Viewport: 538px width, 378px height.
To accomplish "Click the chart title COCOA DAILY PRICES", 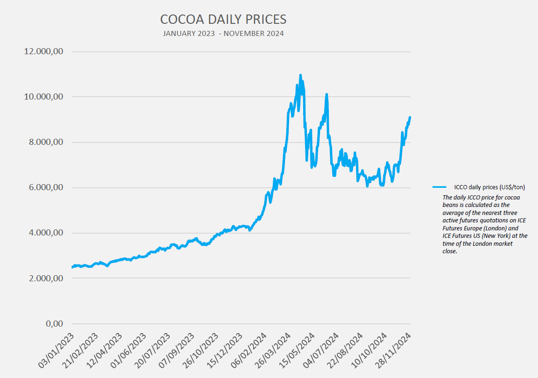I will click(x=223, y=19).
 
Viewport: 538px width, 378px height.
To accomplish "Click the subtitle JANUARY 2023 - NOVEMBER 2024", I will click(x=223, y=34).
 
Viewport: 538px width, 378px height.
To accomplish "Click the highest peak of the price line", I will click(x=300, y=75).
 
